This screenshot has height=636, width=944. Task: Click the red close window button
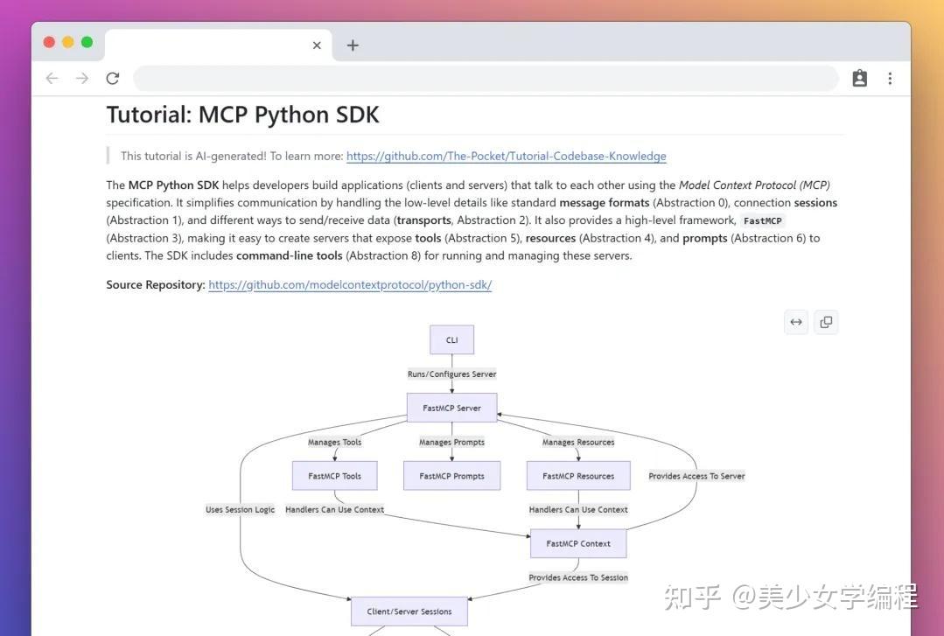[49, 42]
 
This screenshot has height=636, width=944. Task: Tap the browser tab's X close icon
[317, 45]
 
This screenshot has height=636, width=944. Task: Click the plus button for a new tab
[353, 45]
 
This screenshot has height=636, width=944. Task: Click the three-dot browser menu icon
[890, 79]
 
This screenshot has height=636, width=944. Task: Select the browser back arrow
[52, 79]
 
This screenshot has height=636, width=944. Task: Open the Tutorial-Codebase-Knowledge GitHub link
[506, 157]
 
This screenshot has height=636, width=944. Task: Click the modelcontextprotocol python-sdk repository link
[350, 285]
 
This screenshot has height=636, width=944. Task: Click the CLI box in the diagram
[452, 340]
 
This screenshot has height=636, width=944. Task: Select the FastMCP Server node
[451, 408]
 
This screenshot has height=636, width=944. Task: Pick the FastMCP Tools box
[335, 476]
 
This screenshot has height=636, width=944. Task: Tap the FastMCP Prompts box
[451, 476]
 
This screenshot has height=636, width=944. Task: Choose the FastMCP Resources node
[578, 476]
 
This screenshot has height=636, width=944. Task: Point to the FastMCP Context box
[578, 543]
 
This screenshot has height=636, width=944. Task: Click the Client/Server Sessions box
[409, 612]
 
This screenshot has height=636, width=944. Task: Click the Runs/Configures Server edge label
[451, 374]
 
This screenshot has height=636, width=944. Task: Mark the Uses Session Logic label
[241, 510]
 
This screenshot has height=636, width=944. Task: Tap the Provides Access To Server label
[696, 477]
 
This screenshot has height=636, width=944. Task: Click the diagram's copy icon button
[826, 322]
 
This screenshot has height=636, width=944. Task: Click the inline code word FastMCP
[764, 221]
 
